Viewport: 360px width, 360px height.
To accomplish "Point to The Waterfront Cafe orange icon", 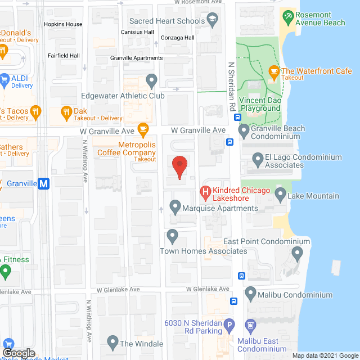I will point(273,71).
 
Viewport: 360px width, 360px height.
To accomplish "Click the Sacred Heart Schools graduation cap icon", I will point(213,21).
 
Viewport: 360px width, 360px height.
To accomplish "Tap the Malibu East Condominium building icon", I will point(251,325).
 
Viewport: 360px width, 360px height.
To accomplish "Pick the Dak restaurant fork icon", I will point(66,111).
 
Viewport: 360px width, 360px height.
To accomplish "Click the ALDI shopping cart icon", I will point(3,79).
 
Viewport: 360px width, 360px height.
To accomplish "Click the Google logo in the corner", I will point(19,353).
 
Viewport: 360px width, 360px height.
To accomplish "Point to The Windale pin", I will point(112,343).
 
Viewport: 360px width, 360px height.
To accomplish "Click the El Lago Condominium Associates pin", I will point(258,160).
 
